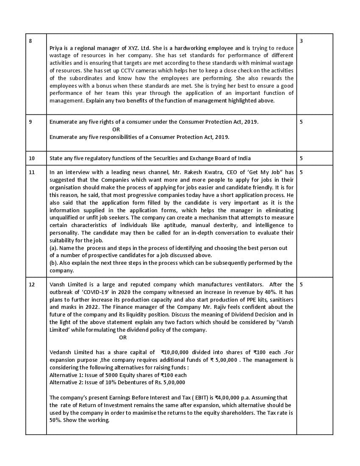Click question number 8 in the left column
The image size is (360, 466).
[30, 41]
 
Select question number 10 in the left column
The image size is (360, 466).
[32, 158]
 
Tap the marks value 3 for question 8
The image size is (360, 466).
[301, 41]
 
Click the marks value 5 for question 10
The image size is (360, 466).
[301, 158]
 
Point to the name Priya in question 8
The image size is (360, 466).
[56, 48]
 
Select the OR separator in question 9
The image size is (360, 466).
[116, 129]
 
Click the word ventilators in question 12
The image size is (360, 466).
[244, 284]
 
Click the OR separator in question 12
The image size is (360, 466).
[123, 337]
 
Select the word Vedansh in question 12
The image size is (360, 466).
[61, 352]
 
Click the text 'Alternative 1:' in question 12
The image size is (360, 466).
[66, 375]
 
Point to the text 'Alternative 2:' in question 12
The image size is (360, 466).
[66, 383]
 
